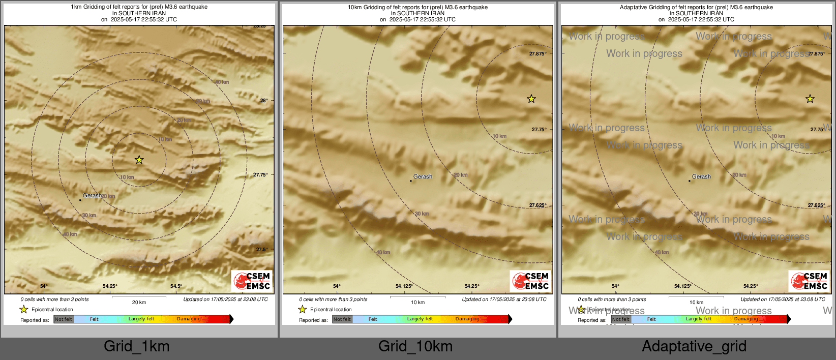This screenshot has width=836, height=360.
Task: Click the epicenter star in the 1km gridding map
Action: point(139,160)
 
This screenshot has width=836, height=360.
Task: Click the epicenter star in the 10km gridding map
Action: point(531,99)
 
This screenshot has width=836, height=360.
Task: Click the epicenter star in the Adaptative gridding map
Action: point(810,99)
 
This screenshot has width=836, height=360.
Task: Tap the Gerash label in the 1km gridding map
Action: point(92,195)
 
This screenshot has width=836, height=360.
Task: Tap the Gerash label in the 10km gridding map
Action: point(423,176)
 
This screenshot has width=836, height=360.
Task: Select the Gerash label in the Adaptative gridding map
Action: point(701,176)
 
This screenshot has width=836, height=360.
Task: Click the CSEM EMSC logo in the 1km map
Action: point(252,281)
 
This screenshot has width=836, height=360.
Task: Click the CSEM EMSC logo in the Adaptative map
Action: point(809,281)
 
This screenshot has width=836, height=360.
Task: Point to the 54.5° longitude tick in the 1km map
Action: point(176,286)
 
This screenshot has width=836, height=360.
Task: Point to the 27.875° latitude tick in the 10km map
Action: point(538,53)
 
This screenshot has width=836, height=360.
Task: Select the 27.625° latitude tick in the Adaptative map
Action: point(817,205)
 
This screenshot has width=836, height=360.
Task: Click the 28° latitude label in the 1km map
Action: point(264,100)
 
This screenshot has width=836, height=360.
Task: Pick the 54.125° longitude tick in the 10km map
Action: point(404,286)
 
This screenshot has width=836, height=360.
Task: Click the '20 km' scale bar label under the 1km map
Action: point(139,303)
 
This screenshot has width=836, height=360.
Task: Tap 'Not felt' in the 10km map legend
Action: point(342,319)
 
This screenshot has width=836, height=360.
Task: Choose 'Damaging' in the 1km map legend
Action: point(189,319)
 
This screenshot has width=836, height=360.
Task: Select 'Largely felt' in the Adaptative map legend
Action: point(699,319)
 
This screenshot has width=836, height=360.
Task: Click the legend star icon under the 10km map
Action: point(303,309)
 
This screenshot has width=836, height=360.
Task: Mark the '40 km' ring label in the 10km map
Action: point(383,252)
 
